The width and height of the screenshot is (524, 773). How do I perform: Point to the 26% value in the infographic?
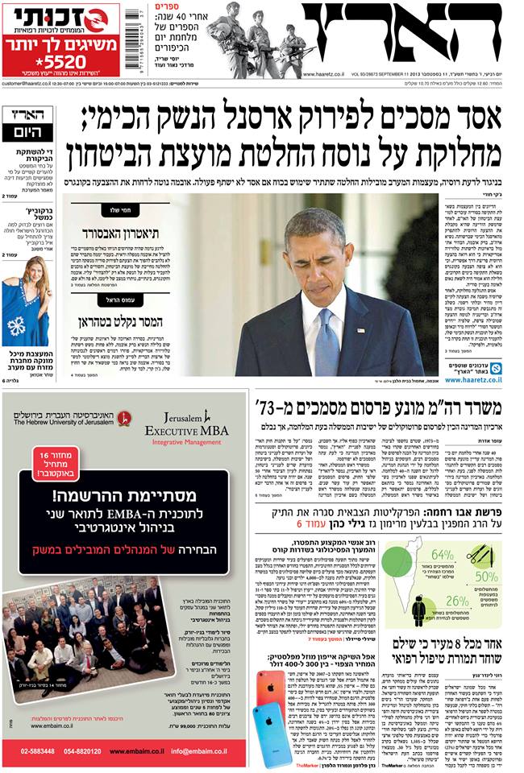[457, 601]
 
